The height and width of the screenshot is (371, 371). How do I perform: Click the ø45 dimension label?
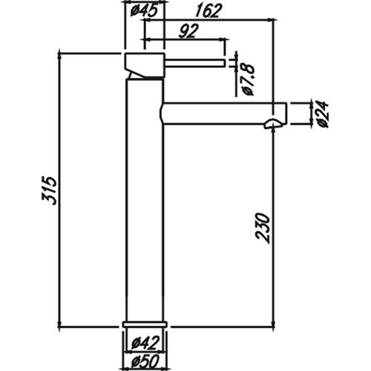point(144,11)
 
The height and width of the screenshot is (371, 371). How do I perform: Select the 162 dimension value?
point(207,11)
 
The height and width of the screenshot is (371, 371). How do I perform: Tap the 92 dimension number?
point(188,31)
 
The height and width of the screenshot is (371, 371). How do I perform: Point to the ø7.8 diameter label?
point(247,79)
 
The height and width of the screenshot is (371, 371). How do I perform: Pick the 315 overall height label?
point(50,191)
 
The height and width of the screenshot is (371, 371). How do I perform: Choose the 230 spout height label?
point(263,228)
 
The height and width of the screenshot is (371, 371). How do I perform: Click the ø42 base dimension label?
point(145,344)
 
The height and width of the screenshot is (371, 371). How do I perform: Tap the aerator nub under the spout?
point(273,123)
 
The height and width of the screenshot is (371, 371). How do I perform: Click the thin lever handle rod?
point(194,63)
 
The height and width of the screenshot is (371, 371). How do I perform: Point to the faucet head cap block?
point(145,65)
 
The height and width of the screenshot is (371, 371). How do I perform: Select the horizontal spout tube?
point(223,114)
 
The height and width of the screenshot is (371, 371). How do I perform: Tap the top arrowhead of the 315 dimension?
point(59,55)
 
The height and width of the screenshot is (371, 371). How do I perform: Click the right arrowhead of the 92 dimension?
point(223,39)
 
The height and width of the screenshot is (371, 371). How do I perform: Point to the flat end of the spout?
point(286,114)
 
